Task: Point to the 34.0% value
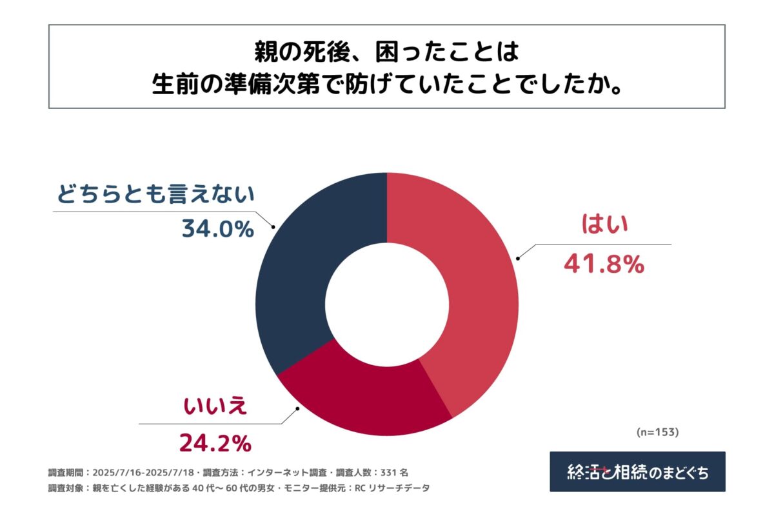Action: (x=217, y=228)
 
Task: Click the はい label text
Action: (x=604, y=226)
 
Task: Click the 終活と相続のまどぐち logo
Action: (x=637, y=471)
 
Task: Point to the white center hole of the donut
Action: (x=386, y=304)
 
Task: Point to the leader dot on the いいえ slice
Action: (x=297, y=408)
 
